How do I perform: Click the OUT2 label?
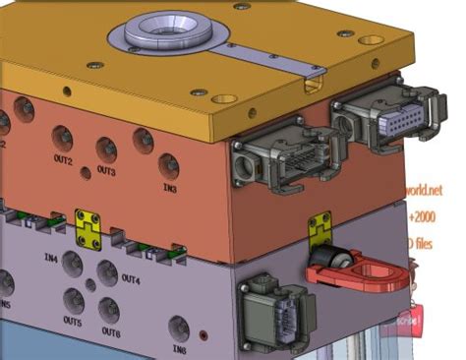[64, 159]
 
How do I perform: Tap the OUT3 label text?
[105, 171]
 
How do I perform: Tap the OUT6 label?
[110, 332]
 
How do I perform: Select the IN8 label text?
[178, 348]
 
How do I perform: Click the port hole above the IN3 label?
[168, 164]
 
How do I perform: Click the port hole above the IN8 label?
[178, 328]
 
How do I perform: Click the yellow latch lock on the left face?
[87, 226]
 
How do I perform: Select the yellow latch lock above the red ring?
[319, 229]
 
